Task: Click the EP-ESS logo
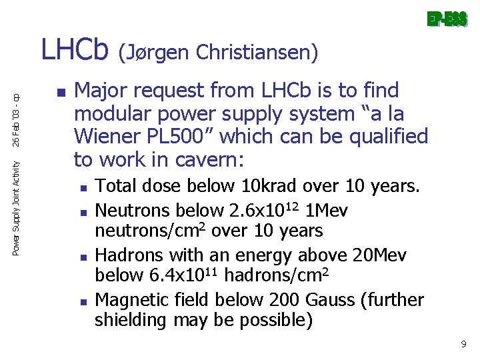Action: (x=447, y=21)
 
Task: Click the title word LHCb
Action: (x=75, y=50)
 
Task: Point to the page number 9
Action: (x=463, y=344)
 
